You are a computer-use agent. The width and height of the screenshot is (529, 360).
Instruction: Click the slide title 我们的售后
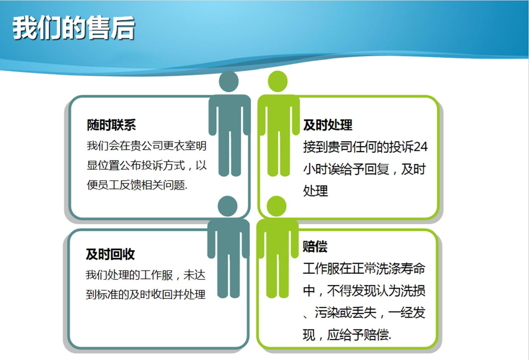click(x=74, y=28)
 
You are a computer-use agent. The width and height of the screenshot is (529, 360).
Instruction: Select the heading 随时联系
click(x=111, y=125)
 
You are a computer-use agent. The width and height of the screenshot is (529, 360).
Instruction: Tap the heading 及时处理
click(x=327, y=125)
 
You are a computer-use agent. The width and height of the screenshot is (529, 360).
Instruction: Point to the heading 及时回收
click(x=110, y=254)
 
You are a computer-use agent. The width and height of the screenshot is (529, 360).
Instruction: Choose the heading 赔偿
click(x=315, y=246)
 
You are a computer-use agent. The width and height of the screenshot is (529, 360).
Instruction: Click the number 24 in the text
click(x=420, y=147)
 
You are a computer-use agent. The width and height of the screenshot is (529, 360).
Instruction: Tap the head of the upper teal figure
click(x=229, y=81)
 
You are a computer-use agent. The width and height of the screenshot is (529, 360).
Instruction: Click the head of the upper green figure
click(x=277, y=81)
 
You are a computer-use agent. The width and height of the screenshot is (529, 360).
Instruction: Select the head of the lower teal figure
click(x=228, y=206)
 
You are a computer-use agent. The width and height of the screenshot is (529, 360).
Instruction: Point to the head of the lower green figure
click(x=276, y=206)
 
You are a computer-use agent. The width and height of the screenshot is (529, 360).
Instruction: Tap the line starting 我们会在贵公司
click(x=147, y=146)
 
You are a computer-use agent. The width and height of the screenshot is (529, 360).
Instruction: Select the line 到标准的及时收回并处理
click(x=145, y=294)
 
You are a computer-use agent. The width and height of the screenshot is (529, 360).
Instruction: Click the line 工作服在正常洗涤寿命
click(x=364, y=268)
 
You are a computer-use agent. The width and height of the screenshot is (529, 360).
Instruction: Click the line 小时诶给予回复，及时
click(x=364, y=169)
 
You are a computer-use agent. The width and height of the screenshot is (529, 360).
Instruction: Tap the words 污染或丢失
click(x=345, y=313)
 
